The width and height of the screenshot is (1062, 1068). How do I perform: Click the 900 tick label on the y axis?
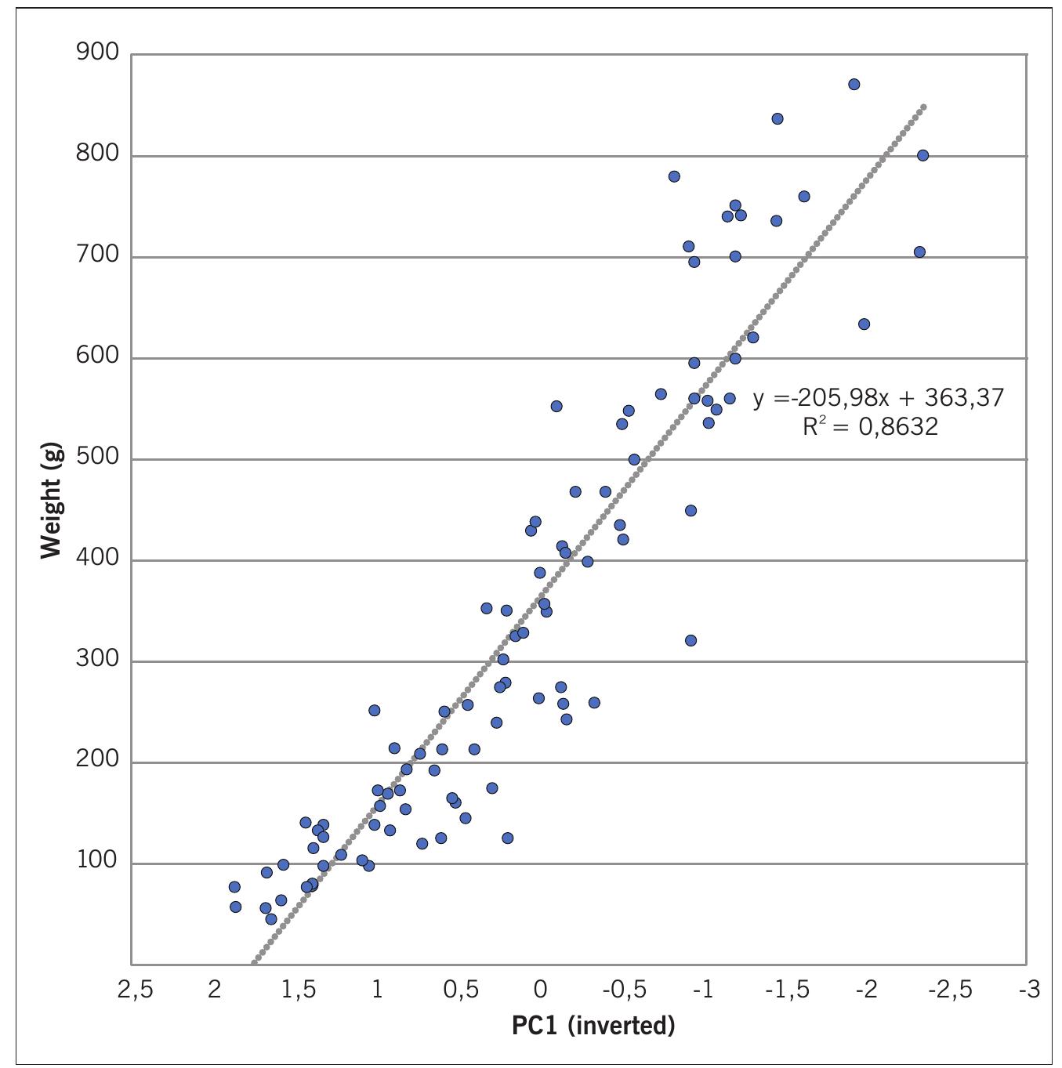tap(97, 53)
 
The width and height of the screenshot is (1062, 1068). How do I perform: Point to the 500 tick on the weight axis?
tap(97, 458)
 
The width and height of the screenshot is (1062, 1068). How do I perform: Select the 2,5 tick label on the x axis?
tap(135, 990)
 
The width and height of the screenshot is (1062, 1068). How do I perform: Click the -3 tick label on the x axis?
tap(1029, 990)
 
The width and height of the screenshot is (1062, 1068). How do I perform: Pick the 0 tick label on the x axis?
tap(540, 990)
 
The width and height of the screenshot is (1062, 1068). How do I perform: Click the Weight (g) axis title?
tap(51, 502)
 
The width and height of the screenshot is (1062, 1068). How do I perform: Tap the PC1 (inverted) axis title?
tap(593, 1026)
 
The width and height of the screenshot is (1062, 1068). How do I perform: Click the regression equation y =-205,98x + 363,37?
tap(878, 398)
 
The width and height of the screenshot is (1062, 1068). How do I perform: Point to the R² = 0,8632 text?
tap(870, 427)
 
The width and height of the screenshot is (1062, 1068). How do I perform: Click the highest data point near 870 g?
tap(854, 85)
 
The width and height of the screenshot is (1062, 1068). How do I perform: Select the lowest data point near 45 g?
tap(271, 919)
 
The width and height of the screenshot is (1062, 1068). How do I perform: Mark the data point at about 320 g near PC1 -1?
tap(690, 641)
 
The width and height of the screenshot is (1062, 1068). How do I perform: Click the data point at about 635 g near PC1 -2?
tap(864, 324)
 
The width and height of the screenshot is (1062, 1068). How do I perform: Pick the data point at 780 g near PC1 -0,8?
tap(674, 177)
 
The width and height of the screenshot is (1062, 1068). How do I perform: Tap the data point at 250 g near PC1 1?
tap(375, 711)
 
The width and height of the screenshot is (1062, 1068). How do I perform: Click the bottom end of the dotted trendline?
tap(253, 962)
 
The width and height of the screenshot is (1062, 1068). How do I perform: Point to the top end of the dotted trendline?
tap(924, 106)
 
